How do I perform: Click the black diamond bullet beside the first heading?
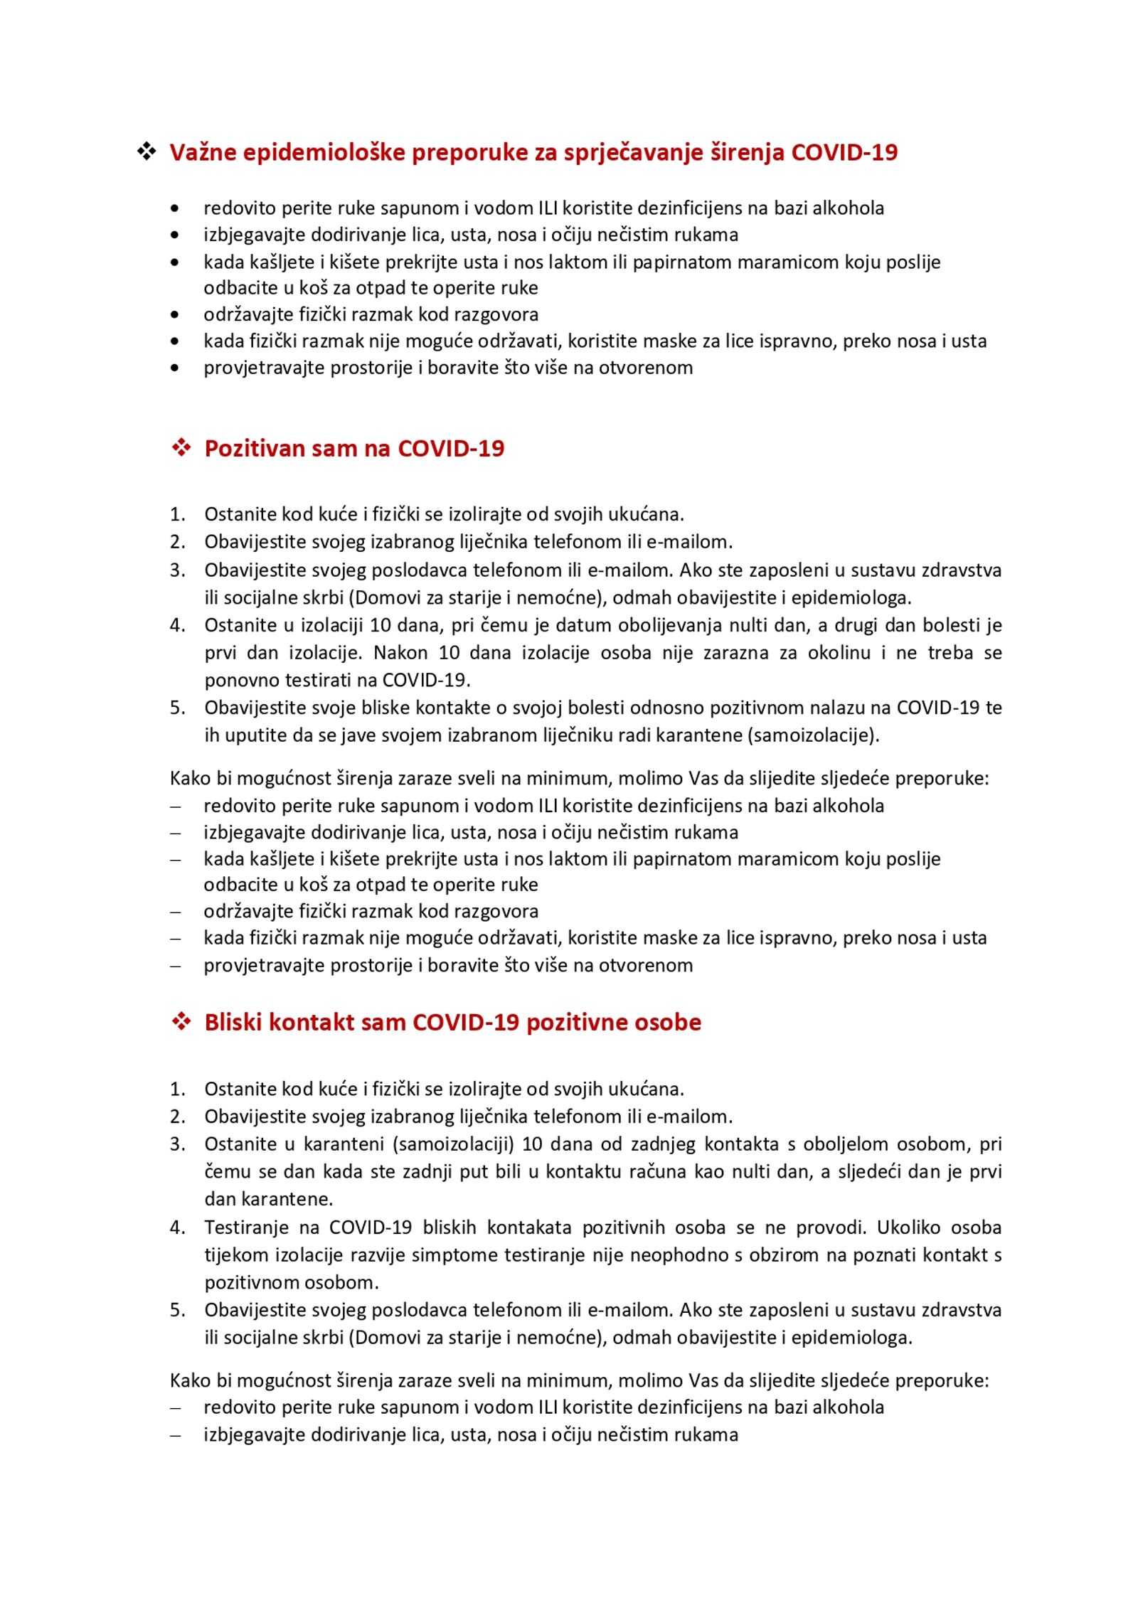click(x=147, y=151)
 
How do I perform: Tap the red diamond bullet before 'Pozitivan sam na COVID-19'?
click(x=181, y=447)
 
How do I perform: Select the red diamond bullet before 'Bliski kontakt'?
click(x=181, y=1021)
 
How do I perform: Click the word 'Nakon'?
click(x=400, y=652)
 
